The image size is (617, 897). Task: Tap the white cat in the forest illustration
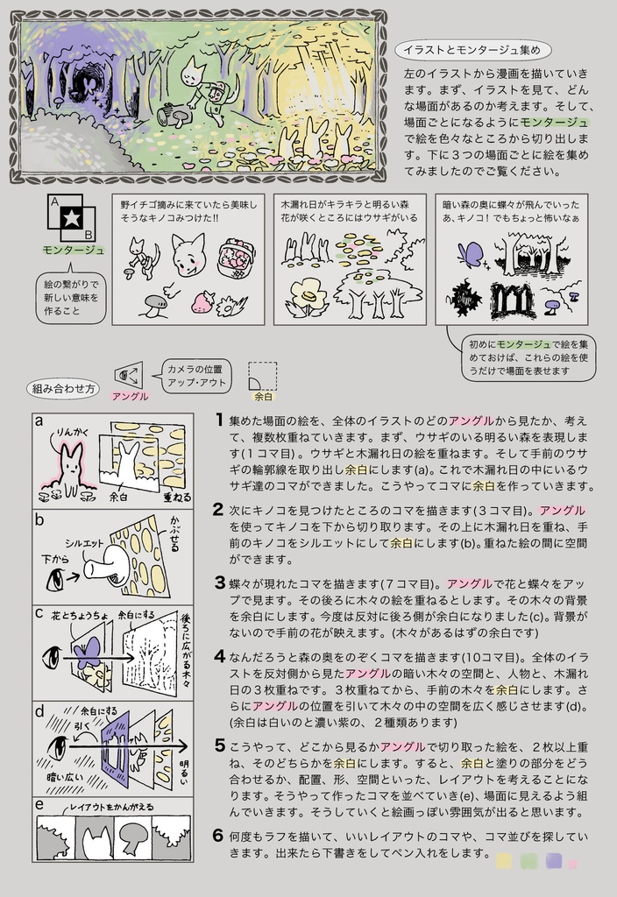[195, 74]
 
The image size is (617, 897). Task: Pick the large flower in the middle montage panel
[308, 296]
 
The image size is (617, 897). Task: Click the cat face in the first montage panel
[188, 256]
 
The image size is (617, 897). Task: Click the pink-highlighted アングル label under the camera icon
[130, 396]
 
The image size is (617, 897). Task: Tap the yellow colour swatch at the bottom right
[504, 861]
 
